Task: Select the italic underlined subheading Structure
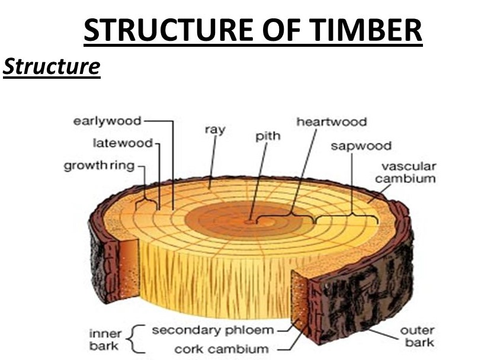[52, 66]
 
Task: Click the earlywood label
[107, 121]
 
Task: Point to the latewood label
[123, 143]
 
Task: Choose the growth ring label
[99, 165]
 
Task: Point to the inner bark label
[105, 337]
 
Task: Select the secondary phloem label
[213, 329]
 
